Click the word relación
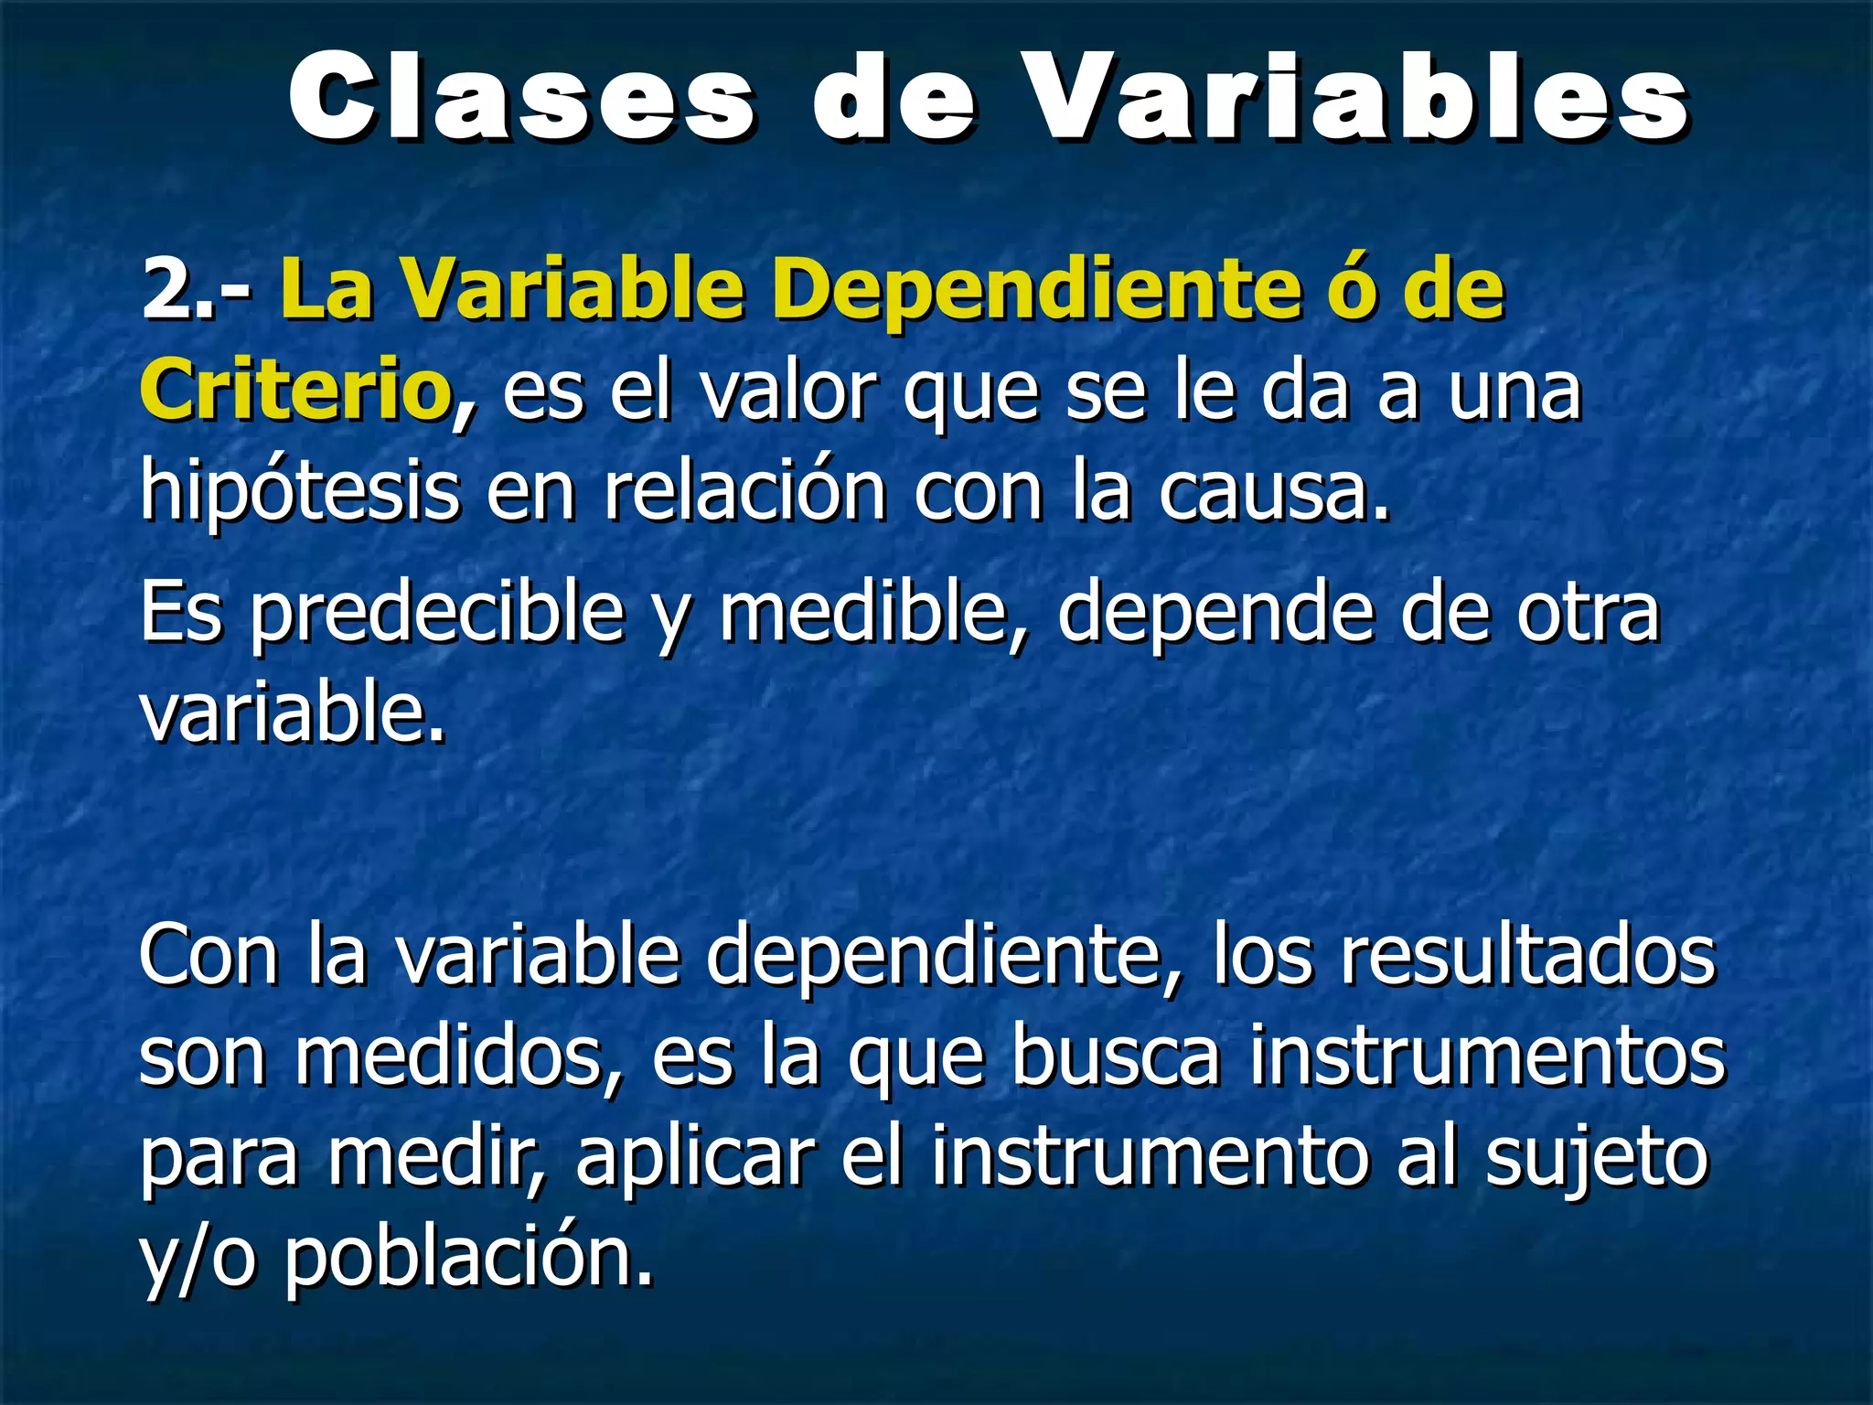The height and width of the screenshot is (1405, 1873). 744,492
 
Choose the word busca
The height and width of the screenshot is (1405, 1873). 1116,1057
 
